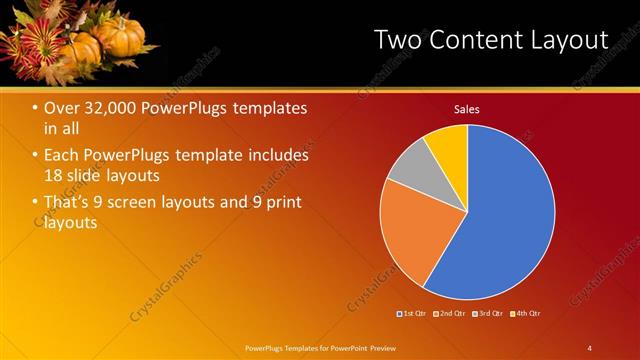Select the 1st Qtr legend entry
(x=413, y=314)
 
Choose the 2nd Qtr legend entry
(x=449, y=314)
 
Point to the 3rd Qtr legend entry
(x=487, y=314)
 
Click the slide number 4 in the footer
(x=589, y=347)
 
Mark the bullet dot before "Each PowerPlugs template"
(x=35, y=156)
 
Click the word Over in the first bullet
(x=63, y=108)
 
